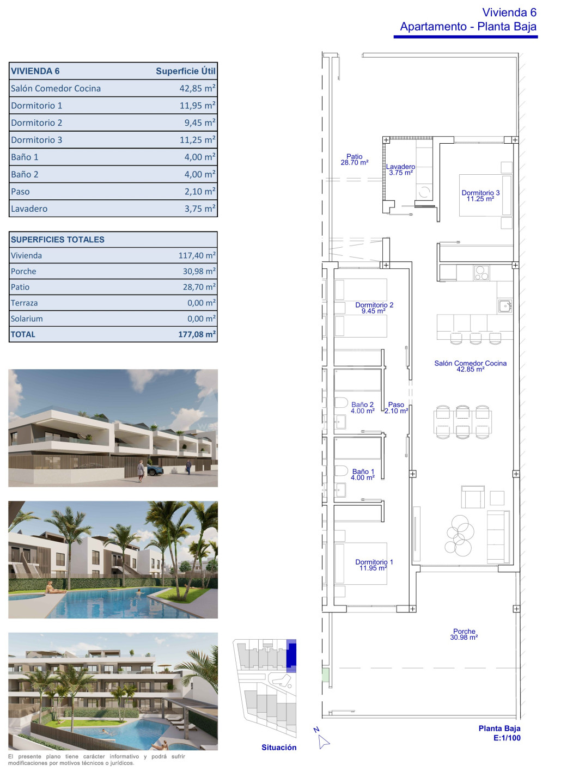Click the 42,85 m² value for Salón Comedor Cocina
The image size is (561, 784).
(197, 88)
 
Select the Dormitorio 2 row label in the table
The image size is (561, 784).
(36, 123)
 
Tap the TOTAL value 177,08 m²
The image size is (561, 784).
(197, 334)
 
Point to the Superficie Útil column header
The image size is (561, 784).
(186, 71)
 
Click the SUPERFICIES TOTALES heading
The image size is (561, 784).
(57, 240)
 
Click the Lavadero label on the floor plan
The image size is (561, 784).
(401, 167)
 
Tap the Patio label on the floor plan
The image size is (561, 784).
(355, 156)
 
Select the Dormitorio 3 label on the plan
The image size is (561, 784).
(480, 193)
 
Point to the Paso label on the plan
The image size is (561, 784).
(396, 405)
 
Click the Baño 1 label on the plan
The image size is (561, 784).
(363, 471)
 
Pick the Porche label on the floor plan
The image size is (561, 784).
(464, 632)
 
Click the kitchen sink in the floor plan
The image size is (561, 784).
(505, 306)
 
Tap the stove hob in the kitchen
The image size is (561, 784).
(481, 273)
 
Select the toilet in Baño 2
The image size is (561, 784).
(341, 402)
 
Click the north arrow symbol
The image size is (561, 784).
(324, 742)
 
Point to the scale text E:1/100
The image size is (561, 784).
(507, 738)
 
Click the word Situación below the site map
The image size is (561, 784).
(279, 748)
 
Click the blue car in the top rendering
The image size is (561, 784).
(155, 469)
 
